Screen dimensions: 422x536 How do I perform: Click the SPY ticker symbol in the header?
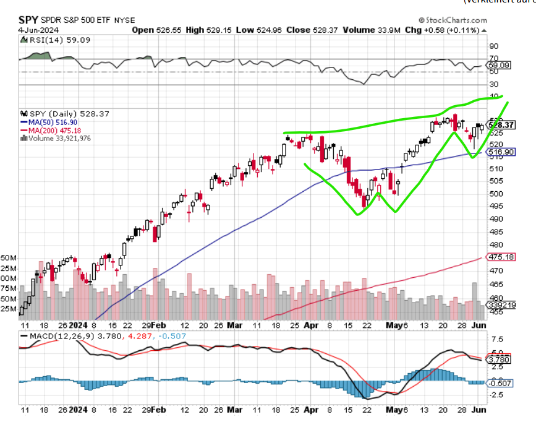28,19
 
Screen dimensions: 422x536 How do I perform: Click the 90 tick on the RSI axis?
494,46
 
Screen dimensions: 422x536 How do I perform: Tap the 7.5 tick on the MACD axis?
496,340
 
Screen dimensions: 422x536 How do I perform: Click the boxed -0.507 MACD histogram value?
500,382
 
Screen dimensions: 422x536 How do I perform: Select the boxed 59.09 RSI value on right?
500,64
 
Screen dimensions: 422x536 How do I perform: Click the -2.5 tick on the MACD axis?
496,395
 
